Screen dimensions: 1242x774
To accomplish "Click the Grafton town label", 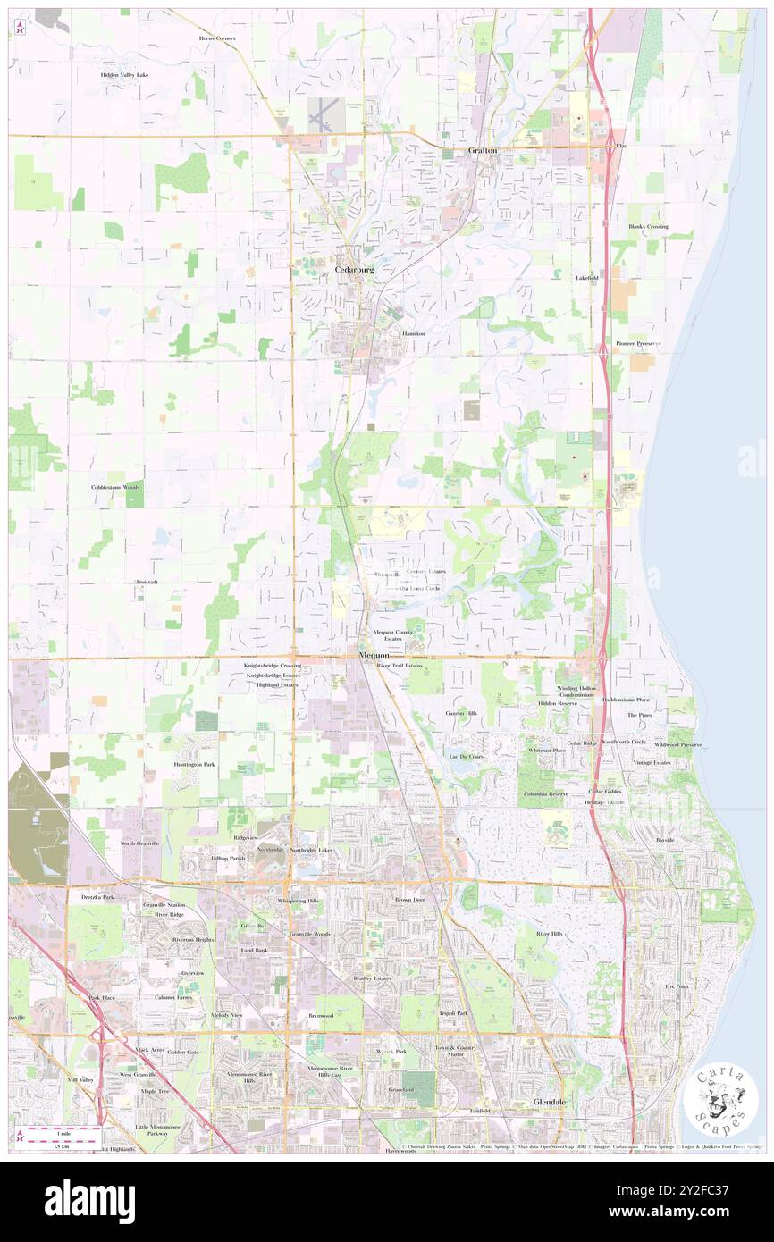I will [x=483, y=151].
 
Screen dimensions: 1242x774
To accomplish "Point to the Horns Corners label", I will [x=218, y=38].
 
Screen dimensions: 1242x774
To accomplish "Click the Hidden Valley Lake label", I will [x=124, y=74].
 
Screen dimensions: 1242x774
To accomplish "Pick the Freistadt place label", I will [x=147, y=582].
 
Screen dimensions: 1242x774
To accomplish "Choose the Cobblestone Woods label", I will [x=116, y=488].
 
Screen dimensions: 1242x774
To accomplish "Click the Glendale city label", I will [x=550, y=1103].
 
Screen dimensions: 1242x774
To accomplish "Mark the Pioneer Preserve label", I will [x=638, y=344].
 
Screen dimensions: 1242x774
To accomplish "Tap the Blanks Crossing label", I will [x=648, y=227].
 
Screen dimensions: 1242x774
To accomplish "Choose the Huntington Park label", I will [x=194, y=765].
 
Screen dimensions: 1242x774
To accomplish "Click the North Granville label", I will [x=140, y=843].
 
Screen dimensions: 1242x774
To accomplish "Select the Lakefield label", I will [x=586, y=278].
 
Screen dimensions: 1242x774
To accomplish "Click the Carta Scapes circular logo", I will [x=720, y=1097].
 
